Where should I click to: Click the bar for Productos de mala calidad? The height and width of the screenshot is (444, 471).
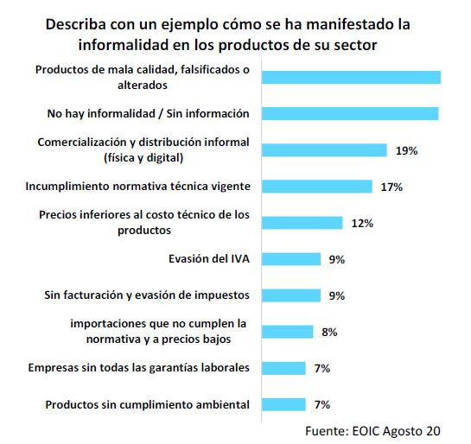[x=351, y=78]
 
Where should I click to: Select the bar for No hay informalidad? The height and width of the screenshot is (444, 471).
[x=350, y=113]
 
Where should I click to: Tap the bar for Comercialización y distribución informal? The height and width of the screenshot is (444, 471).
[x=324, y=150]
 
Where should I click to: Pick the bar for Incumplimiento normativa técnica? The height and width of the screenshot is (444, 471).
[x=316, y=186]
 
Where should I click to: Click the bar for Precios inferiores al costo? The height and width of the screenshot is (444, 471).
[x=302, y=223]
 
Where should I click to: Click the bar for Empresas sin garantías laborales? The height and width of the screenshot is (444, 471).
[x=283, y=368]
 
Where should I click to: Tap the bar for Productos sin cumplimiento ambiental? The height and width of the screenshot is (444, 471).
[x=283, y=404]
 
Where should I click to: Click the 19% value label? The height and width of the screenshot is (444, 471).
[x=406, y=150]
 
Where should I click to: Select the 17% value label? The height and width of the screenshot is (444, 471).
[x=392, y=187]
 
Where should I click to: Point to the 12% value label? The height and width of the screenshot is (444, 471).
[x=362, y=223]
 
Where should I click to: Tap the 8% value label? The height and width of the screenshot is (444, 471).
[x=330, y=332]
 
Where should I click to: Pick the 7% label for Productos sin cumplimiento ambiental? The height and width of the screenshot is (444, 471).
[x=323, y=404]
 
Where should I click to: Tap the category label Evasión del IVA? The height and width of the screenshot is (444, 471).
[x=208, y=258]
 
